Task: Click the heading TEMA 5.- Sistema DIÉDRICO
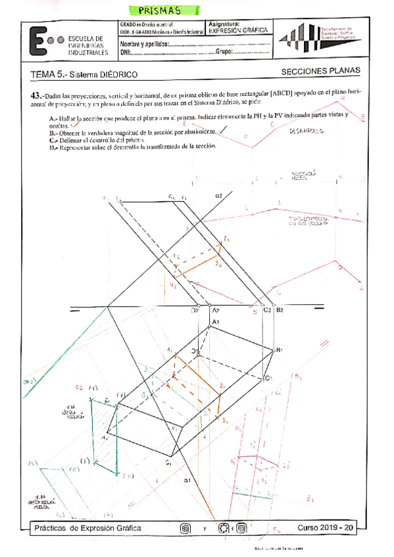[x=84, y=75]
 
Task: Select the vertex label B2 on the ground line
[x=280, y=309]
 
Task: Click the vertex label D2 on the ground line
[x=195, y=309]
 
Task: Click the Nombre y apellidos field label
[x=143, y=43]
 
